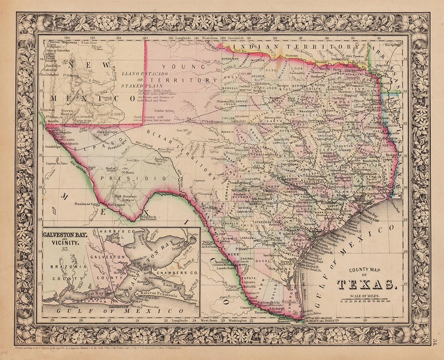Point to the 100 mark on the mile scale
388,301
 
